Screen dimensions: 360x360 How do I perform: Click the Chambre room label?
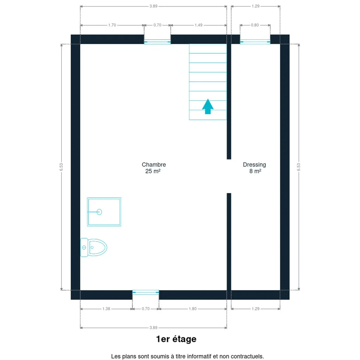tap(154, 165)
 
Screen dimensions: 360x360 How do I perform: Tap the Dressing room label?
tap(255, 165)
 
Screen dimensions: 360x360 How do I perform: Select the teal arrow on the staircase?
tap(208, 106)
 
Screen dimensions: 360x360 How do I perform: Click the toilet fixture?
tap(94, 247)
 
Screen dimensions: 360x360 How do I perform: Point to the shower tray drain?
tap(99, 212)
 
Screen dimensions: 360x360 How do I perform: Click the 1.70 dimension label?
tap(112, 25)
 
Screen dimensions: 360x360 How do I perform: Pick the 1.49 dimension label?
tap(199, 25)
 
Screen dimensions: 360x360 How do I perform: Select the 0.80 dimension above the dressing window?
tap(255, 25)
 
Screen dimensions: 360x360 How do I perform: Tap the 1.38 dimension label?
tap(106, 309)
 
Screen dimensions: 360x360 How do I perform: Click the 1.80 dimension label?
tap(193, 309)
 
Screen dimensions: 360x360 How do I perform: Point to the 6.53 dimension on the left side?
tap(61, 167)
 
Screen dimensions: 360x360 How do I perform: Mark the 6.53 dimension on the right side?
tap(298, 167)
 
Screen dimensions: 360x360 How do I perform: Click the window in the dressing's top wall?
tap(255, 41)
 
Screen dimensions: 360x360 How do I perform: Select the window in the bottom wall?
tap(146, 292)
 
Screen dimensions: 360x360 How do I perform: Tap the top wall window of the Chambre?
tap(157, 41)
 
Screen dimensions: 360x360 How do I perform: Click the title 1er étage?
tap(176, 339)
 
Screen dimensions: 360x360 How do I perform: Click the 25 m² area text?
tap(153, 171)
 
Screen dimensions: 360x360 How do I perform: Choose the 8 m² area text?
tap(255, 171)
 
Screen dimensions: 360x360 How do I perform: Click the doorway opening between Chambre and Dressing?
tap(229, 176)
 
